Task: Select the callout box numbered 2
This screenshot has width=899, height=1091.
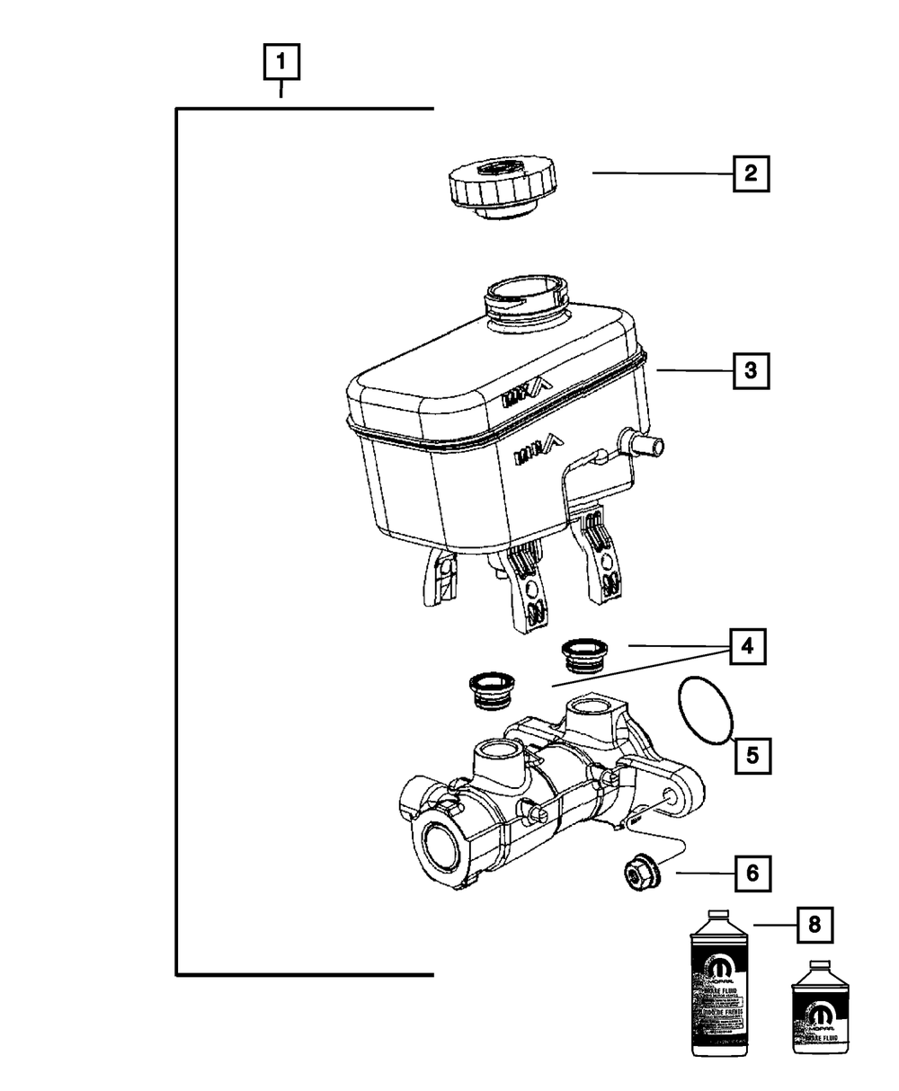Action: pos(751,173)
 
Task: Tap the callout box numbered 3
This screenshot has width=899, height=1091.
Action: pos(751,368)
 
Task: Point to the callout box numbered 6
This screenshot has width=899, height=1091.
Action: pos(752,872)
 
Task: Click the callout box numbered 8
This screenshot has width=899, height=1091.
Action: pos(814,923)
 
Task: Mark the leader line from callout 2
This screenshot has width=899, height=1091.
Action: pos(662,173)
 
